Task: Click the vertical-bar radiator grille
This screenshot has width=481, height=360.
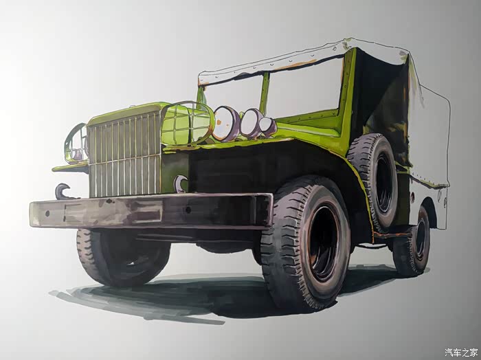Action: (125, 155)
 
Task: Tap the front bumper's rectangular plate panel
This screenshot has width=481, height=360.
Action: (113, 212)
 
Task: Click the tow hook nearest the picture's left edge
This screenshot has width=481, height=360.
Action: (63, 191)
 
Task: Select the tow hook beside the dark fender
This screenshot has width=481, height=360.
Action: (180, 183)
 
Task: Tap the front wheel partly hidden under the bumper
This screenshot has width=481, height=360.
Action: (123, 258)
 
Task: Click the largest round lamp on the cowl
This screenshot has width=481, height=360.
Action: (226, 124)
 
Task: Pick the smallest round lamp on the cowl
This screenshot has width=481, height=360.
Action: (267, 126)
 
